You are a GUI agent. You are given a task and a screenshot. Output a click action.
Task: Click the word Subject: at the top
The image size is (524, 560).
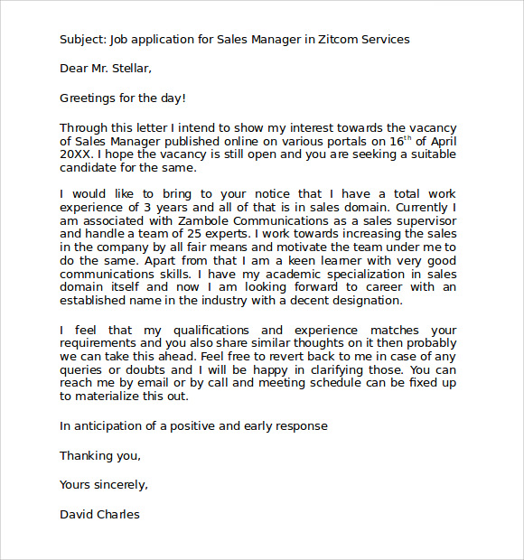point(82,40)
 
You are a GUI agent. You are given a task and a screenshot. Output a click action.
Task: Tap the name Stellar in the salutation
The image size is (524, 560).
point(127,68)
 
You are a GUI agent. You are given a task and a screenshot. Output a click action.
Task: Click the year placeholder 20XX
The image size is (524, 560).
point(76,154)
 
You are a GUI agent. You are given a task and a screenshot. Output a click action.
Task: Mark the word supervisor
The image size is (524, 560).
point(423,219)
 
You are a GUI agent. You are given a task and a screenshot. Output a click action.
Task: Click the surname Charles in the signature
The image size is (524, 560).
point(117,514)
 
